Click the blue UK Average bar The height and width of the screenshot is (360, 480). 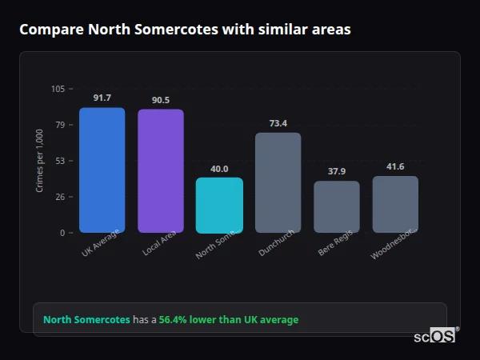pos(102,170)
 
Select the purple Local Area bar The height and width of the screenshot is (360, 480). pos(161,171)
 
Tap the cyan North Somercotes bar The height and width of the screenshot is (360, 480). pos(219,206)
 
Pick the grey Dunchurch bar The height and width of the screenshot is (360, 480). pos(278,182)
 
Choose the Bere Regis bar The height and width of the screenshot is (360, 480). pos(337,207)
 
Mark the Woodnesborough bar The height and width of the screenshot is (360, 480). pos(395,205)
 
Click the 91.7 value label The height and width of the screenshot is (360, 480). pos(102,98)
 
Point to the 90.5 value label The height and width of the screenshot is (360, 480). pos(161,100)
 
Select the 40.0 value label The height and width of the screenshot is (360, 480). pos(219,169)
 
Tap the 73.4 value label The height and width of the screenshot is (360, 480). pos(278,123)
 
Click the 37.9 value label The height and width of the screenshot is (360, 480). pos(337,171)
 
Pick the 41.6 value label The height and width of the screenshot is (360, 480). pos(395,166)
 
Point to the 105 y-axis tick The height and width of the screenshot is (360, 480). pos(58,89)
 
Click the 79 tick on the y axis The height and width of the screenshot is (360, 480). pos(60,125)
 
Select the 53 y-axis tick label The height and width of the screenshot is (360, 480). pos(60,161)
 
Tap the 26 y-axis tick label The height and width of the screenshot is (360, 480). pos(60,197)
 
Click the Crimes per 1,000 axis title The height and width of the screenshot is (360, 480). pos(40,161)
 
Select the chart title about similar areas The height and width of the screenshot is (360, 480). pos(185,30)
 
